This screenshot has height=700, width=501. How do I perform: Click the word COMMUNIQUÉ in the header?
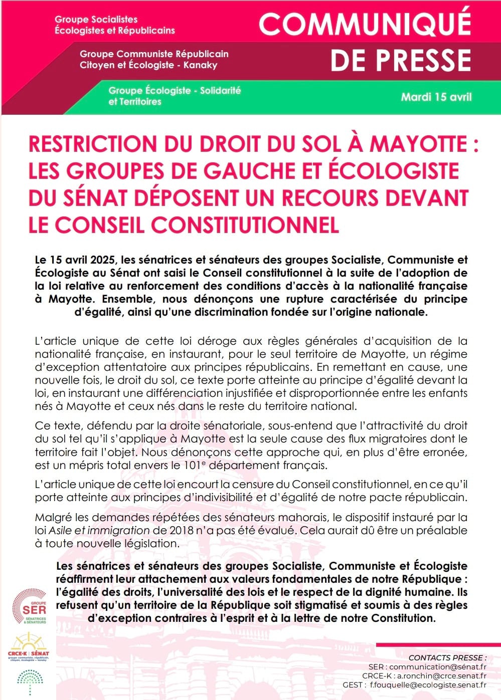pyautogui.click(x=365, y=24)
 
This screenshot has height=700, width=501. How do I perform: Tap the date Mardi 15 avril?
pyautogui.click(x=436, y=97)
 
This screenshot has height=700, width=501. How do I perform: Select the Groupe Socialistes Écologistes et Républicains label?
pyautogui.click(x=114, y=25)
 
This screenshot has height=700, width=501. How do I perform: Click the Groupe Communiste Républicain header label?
pyautogui.click(x=154, y=59)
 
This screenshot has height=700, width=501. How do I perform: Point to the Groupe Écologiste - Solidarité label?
pyautogui.click(x=175, y=96)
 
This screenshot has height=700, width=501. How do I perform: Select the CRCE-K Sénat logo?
pyautogui.click(x=29, y=648)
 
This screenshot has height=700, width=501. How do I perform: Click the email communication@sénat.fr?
pyautogui.click(x=438, y=667)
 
